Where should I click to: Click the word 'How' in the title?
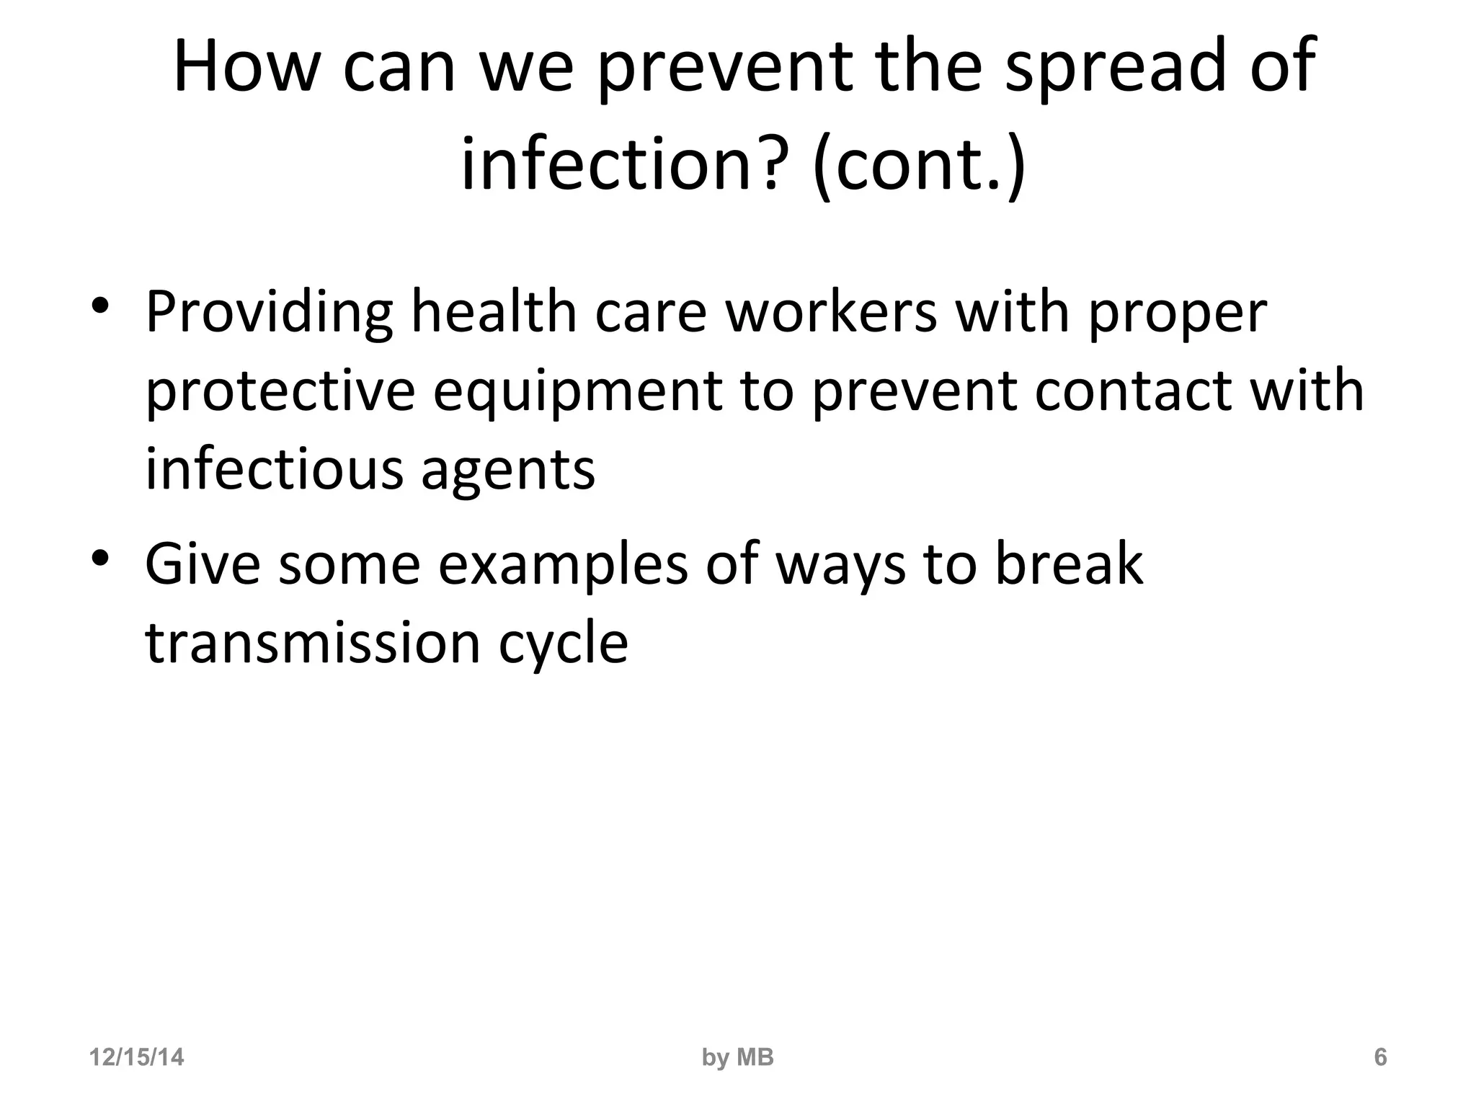coord(246,66)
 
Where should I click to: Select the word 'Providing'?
coord(269,313)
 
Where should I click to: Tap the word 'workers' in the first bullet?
coord(831,313)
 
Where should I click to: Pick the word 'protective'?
coord(280,392)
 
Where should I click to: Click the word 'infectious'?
coord(274,470)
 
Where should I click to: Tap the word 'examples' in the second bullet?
coord(563,565)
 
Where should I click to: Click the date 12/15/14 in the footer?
coord(136,1058)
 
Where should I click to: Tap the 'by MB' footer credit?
coord(737,1058)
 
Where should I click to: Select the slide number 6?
coord(1380,1058)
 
